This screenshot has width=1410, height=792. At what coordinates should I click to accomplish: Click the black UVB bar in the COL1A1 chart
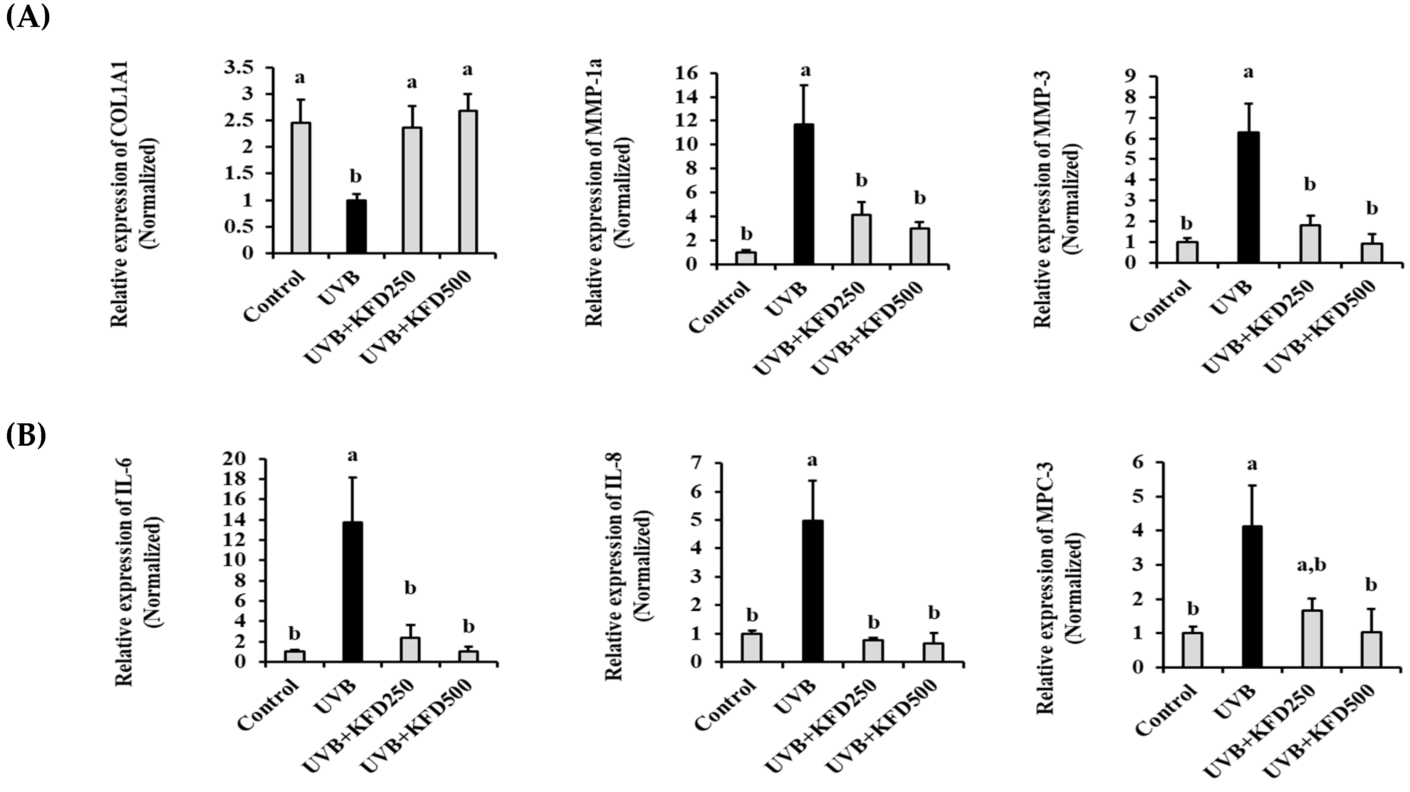click(x=356, y=226)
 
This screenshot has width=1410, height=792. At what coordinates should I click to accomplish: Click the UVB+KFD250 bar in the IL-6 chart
click(x=410, y=650)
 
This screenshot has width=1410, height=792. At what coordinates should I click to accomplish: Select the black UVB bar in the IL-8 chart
click(x=812, y=591)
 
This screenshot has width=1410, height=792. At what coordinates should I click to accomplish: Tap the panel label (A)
click(x=27, y=17)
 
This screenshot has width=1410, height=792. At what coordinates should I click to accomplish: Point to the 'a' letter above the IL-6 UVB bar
click(x=352, y=455)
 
